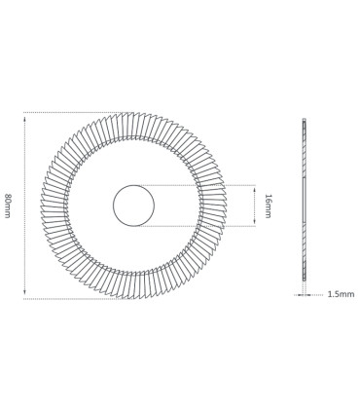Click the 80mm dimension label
pos(8,206)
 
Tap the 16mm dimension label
pos(268,206)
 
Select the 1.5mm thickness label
pos(341,294)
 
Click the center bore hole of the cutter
pos(133,206)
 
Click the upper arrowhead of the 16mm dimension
pos(255,189)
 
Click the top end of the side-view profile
pos(304,121)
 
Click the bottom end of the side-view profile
pos(304,279)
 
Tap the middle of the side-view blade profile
pos(304,200)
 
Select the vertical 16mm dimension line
pos(255,206)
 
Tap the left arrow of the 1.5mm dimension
pos(299,294)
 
